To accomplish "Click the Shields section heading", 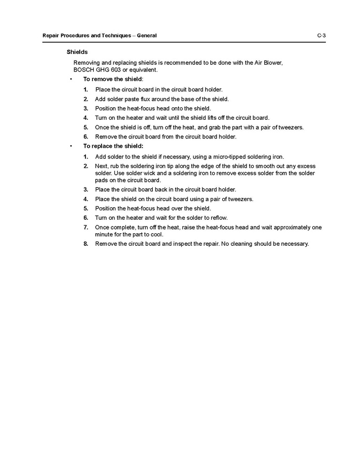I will point(77,52).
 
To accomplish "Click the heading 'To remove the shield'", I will point(112,79).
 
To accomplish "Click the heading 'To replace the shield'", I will point(113,147).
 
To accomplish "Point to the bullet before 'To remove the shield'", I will point(70,79).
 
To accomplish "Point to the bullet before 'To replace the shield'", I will point(70,147).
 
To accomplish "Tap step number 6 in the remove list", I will point(85,137).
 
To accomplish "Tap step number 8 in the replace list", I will point(85,244).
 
